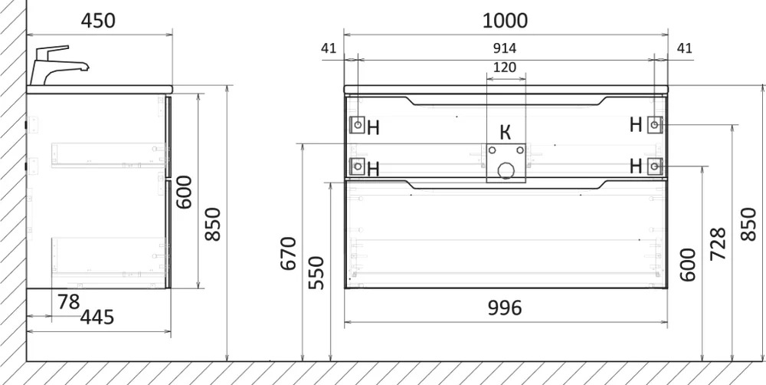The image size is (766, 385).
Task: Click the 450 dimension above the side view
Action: click(x=98, y=21)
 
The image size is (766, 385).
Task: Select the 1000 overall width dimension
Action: click(x=505, y=21)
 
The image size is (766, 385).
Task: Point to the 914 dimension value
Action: click(x=505, y=48)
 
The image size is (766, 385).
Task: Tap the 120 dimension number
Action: click(x=505, y=67)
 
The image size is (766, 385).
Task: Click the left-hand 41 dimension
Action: click(x=329, y=48)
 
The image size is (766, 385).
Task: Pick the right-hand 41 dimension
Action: click(x=685, y=48)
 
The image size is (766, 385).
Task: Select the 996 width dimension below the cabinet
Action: click(x=505, y=308)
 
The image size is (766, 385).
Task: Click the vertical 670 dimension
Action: click(x=289, y=253)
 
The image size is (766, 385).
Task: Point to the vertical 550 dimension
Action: click(x=316, y=272)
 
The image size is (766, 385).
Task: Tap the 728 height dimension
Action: click(x=718, y=244)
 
